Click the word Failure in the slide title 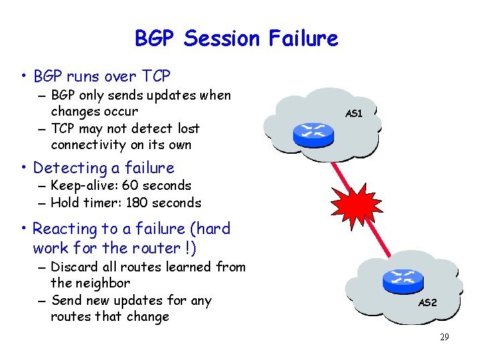305,38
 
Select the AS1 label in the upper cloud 353,114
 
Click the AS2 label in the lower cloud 427,302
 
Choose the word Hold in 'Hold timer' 64,203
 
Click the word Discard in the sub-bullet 74,267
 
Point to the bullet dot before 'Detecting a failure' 24,168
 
